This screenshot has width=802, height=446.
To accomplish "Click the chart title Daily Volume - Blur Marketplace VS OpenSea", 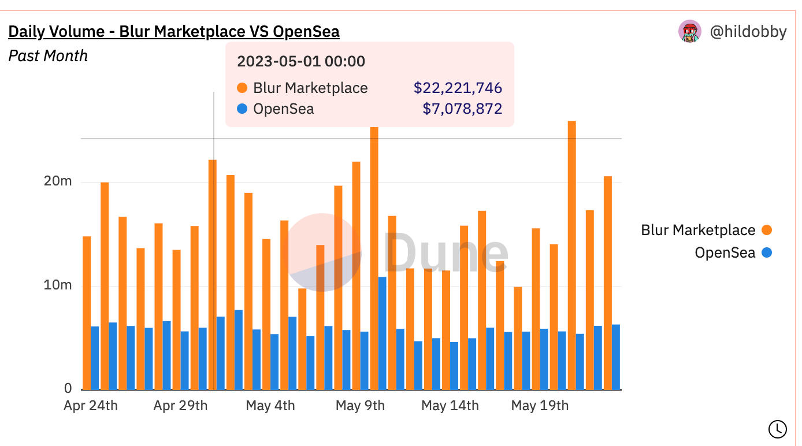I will click(174, 31).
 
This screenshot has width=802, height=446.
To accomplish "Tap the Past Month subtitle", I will click(48, 56).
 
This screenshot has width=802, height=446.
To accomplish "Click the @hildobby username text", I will click(748, 31).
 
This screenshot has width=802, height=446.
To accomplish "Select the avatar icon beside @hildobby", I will click(689, 31).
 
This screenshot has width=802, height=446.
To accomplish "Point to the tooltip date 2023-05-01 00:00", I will click(301, 61).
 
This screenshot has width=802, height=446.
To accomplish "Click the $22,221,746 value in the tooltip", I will click(458, 88).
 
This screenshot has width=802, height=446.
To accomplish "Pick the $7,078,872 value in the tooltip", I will click(462, 109).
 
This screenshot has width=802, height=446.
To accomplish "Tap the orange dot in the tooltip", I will click(242, 88).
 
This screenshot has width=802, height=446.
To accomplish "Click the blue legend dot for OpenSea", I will click(767, 252).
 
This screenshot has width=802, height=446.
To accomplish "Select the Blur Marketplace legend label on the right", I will click(698, 231).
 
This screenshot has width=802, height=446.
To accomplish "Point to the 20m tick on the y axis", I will click(58, 182).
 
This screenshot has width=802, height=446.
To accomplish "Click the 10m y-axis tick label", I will click(58, 285).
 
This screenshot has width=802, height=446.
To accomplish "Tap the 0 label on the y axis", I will click(68, 388).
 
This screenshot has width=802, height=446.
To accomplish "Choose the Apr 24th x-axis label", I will click(91, 406).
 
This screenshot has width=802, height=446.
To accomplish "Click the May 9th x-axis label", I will click(360, 406).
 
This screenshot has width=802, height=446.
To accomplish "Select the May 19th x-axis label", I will click(540, 406).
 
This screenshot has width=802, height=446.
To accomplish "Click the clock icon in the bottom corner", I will click(777, 429).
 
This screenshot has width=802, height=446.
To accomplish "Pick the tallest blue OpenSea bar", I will click(383, 333).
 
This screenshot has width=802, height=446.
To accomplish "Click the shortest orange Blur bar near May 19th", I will click(518, 338).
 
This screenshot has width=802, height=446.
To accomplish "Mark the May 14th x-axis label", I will click(450, 406).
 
